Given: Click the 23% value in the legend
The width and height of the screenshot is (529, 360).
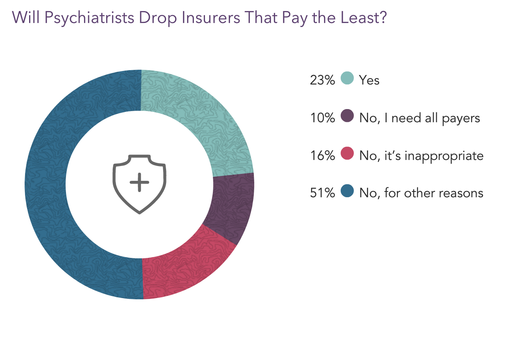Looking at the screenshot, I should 322,80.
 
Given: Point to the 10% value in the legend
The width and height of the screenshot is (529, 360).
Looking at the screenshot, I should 322,118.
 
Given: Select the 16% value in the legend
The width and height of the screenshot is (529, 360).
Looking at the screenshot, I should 322,156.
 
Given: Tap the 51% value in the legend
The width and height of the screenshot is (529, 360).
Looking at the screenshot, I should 322,193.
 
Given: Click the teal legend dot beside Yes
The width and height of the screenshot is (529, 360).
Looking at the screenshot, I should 347,78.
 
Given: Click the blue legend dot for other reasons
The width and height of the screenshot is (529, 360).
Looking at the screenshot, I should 347,191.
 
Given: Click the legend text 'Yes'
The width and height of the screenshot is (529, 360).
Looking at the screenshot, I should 369,80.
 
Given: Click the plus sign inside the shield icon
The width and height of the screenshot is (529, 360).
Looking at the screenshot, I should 139,182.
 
